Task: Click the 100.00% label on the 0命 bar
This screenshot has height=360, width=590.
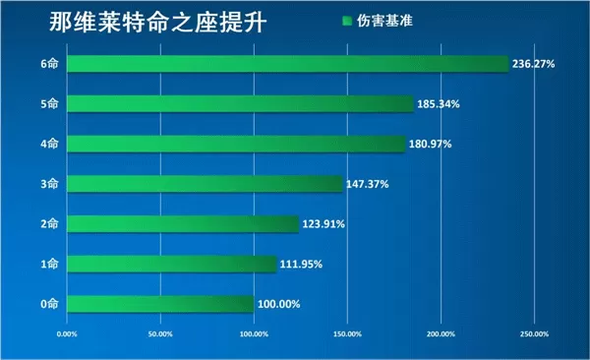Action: (x=279, y=304)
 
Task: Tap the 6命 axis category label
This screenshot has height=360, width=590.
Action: (x=49, y=64)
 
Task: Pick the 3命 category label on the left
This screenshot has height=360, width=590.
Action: (x=49, y=184)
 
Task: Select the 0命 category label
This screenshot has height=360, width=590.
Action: (x=49, y=304)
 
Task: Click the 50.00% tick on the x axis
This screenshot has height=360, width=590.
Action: (x=159, y=334)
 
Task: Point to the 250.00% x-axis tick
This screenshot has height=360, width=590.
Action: (x=533, y=334)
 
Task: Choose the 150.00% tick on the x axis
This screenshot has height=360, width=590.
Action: (x=346, y=334)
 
